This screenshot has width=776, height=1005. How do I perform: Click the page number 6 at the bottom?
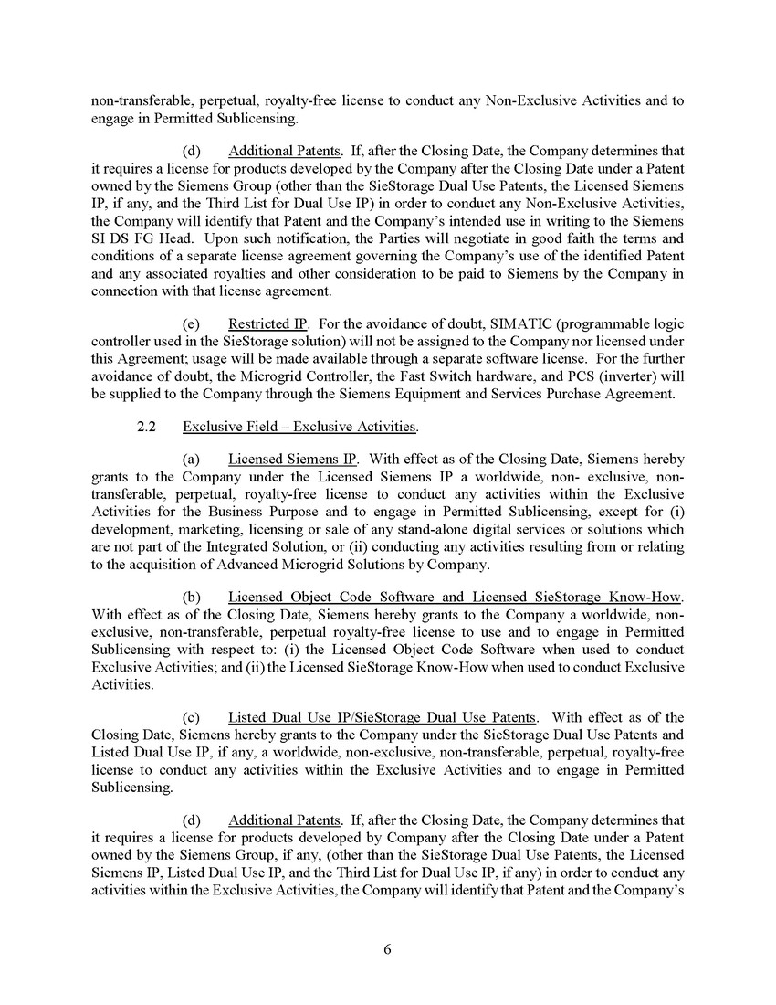tap(387, 949)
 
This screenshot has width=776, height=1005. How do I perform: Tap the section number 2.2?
tap(148, 427)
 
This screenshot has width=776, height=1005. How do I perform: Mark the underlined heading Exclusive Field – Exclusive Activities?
tap(299, 427)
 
